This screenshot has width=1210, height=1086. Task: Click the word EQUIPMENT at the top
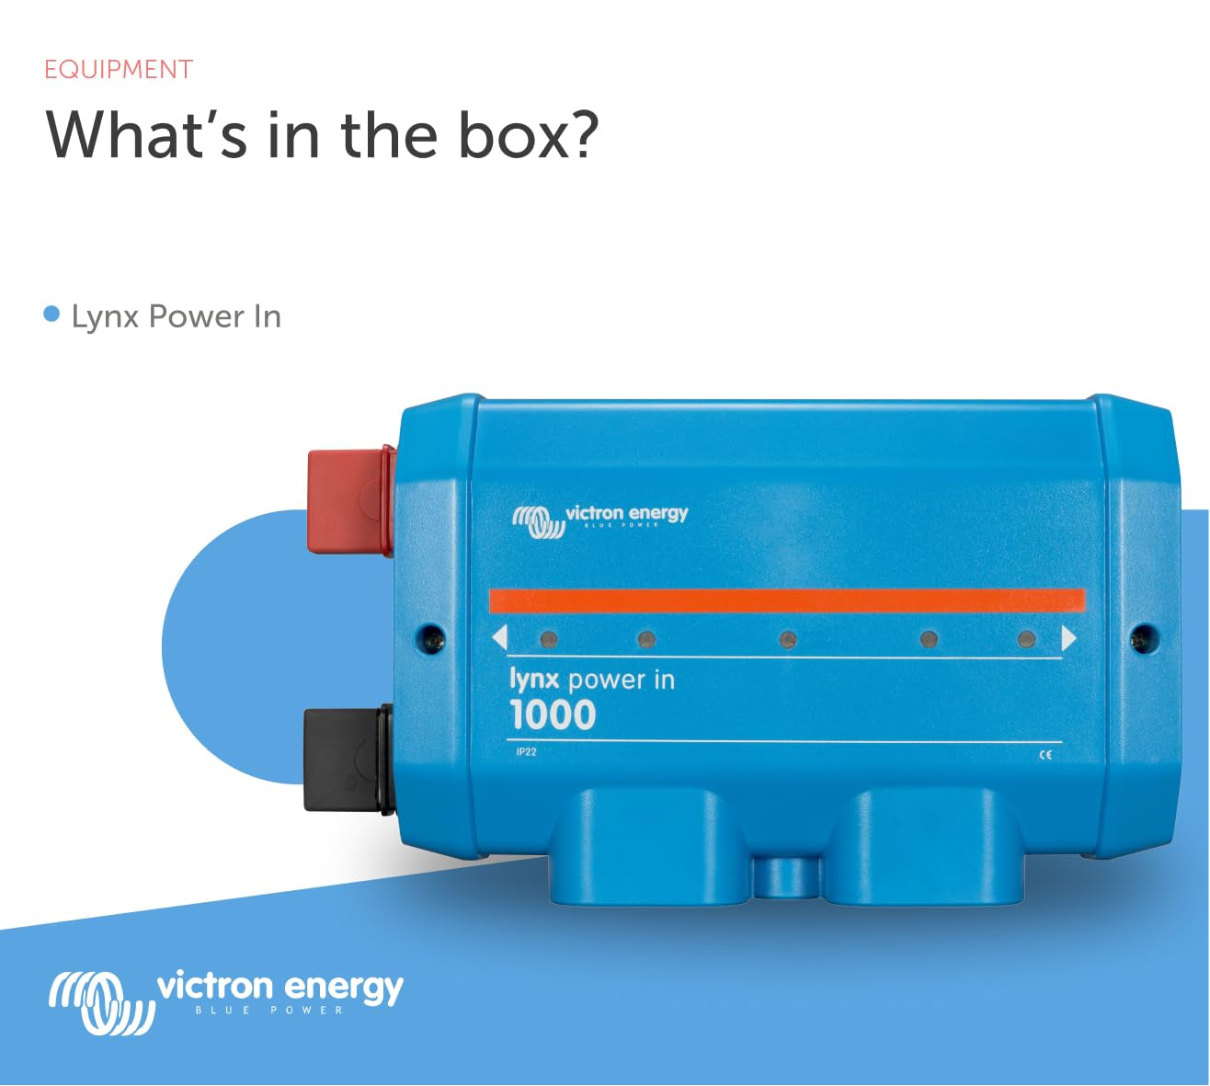click(119, 70)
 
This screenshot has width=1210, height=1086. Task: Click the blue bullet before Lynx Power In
click(51, 315)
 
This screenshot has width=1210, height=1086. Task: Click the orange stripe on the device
click(786, 601)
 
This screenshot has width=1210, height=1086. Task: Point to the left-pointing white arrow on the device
click(499, 638)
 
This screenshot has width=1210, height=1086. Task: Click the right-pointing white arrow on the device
click(1068, 638)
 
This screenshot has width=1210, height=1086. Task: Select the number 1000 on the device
click(553, 715)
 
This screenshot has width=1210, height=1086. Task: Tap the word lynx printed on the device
click(533, 680)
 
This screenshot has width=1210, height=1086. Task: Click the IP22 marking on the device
click(526, 752)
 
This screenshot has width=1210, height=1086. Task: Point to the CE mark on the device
click(1044, 755)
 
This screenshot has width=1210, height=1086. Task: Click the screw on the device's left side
click(429, 635)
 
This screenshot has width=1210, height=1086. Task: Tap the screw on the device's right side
click(1143, 635)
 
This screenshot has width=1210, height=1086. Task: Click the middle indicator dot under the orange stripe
click(787, 639)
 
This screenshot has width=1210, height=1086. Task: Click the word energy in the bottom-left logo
click(343, 988)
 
